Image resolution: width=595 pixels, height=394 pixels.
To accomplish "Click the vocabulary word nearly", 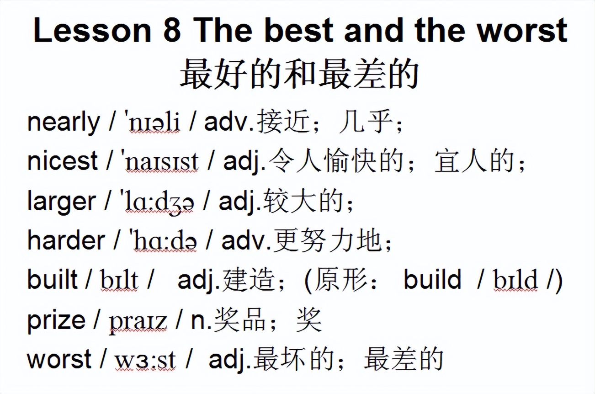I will [x=63, y=122].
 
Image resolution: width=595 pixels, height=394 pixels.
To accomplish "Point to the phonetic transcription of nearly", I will [x=152, y=122].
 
